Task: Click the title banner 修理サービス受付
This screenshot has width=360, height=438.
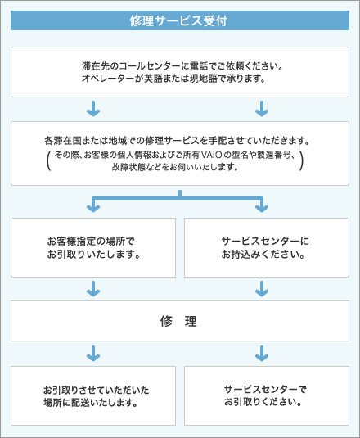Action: pos(179,20)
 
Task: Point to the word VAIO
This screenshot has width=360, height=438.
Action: pos(211,154)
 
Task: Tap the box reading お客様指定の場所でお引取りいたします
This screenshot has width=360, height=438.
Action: pos(93,247)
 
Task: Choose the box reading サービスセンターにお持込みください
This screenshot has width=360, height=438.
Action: pos(265,247)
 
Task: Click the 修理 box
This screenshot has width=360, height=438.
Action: pos(179,322)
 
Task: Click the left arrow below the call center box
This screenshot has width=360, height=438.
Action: pos(93,108)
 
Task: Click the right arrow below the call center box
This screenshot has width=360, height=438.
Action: pos(262,108)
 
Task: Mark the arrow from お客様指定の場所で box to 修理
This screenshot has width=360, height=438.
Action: pos(93,288)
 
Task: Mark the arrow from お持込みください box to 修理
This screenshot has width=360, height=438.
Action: pos(262,288)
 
